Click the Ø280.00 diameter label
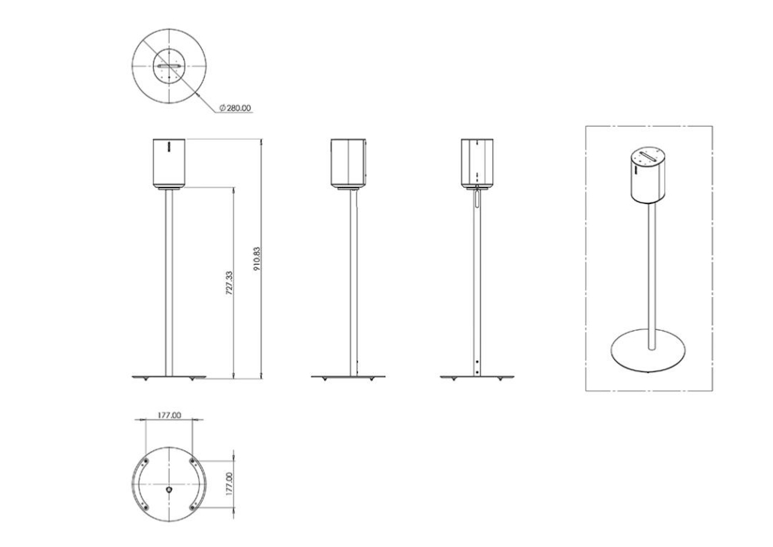coord(235,108)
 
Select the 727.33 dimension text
coord(229,283)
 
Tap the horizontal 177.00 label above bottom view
coord(169,415)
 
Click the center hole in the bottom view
coord(169,490)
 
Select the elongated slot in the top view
coord(169,65)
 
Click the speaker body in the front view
coord(169,163)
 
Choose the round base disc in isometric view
coord(647,353)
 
